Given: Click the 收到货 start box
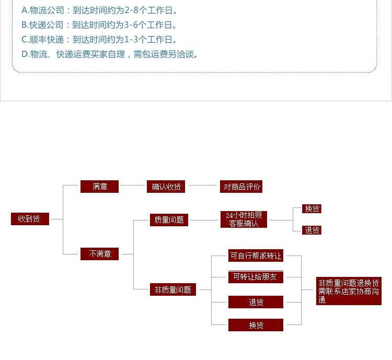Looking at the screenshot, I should click(30, 219).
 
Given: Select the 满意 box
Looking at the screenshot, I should click(99, 186).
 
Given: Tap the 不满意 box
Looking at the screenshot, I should click(99, 254).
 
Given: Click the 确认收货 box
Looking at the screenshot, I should click(166, 187).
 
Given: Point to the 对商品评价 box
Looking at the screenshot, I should click(241, 187).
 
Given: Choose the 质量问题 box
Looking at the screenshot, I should click(169, 220).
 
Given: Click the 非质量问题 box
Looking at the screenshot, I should click(172, 289).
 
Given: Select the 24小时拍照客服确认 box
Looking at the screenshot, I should click(244, 219).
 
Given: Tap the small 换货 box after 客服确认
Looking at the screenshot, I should click(312, 209).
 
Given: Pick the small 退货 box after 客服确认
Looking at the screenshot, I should click(312, 230).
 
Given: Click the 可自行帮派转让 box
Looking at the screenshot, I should click(256, 256).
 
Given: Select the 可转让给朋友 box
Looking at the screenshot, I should click(256, 277).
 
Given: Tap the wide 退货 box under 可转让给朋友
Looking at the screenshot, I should click(256, 302).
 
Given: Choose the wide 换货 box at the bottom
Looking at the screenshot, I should click(256, 325).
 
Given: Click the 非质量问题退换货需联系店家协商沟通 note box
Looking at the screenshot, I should click(349, 291).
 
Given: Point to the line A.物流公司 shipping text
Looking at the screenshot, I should click(99, 10).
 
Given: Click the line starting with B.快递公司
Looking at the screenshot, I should click(99, 25).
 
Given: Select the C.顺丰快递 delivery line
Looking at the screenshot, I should click(99, 39).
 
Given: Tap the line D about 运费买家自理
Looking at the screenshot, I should click(110, 54).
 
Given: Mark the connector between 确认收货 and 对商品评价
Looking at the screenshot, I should click(202, 185).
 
